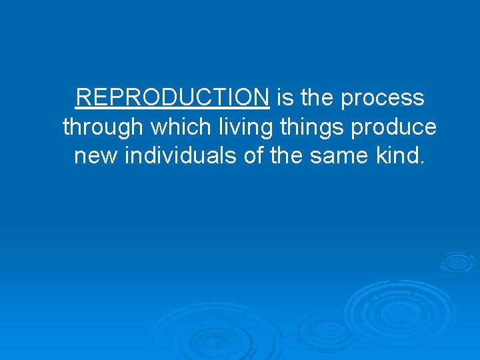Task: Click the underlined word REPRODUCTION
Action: [x=173, y=98]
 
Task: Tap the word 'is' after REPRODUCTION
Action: [x=285, y=98]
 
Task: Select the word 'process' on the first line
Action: [x=382, y=99]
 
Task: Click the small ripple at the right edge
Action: [x=458, y=261]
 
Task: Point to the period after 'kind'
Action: [x=420, y=163]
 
